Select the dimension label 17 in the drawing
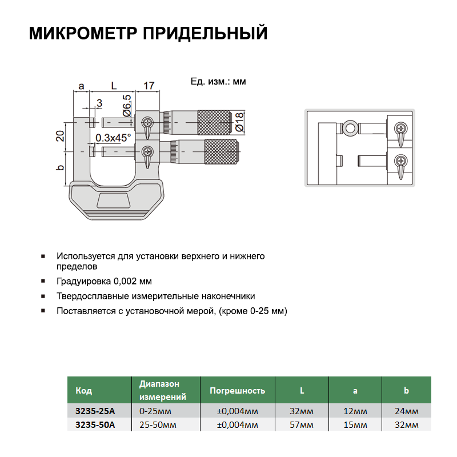(x=149, y=86)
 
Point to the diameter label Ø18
(x=239, y=122)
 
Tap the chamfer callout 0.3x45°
(x=113, y=138)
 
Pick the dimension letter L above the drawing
(x=113, y=86)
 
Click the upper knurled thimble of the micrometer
(x=214, y=122)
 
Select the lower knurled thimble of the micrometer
(x=221, y=151)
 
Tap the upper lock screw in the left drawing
(x=148, y=122)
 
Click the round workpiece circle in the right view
(x=350, y=127)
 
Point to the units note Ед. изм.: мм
(x=218, y=82)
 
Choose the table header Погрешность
(x=237, y=391)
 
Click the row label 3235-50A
(x=95, y=424)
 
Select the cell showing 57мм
(x=302, y=424)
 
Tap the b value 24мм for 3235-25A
(x=406, y=411)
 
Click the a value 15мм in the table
(x=355, y=424)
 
